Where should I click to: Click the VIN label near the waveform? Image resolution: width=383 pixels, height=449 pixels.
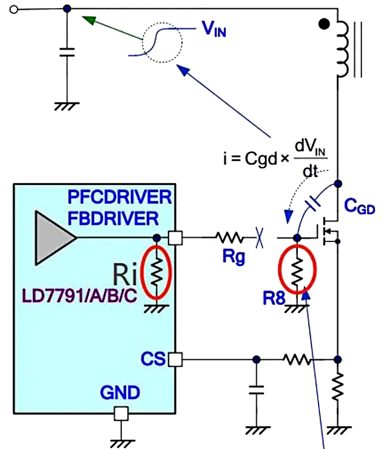coord(214,31)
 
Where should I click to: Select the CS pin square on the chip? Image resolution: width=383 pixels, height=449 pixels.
coord(175,359)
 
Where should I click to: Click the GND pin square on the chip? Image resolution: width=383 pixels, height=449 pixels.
coord(120,413)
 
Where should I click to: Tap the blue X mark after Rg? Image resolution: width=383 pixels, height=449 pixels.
coord(259,237)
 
